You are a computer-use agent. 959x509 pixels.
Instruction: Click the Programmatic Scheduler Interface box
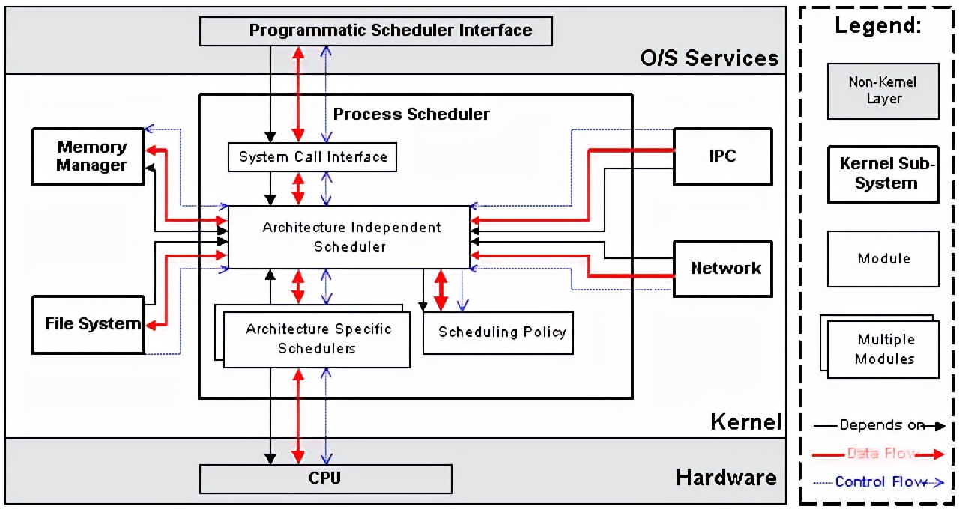(x=375, y=31)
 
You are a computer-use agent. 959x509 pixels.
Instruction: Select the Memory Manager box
(x=88, y=156)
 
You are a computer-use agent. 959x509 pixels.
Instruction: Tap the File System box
(x=88, y=324)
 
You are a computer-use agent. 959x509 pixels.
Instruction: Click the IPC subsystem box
(x=722, y=156)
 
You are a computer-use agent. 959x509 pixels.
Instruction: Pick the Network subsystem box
(x=722, y=268)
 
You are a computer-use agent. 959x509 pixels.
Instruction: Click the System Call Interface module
(x=312, y=157)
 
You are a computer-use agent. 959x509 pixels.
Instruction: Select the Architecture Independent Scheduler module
(x=349, y=237)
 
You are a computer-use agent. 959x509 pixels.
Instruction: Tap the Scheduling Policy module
(x=498, y=332)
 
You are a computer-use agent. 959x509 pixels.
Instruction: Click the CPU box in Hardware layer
(x=325, y=478)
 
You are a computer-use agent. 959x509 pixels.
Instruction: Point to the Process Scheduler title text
(x=411, y=114)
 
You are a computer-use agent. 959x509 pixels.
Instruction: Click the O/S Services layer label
(x=709, y=58)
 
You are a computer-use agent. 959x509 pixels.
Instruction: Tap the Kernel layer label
(x=745, y=421)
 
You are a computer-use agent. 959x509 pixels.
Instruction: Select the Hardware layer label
(x=726, y=478)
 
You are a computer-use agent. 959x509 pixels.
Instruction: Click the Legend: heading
(x=877, y=26)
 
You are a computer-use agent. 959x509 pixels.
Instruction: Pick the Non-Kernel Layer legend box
(x=883, y=91)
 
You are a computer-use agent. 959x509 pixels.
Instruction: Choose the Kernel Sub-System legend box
(x=883, y=174)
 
